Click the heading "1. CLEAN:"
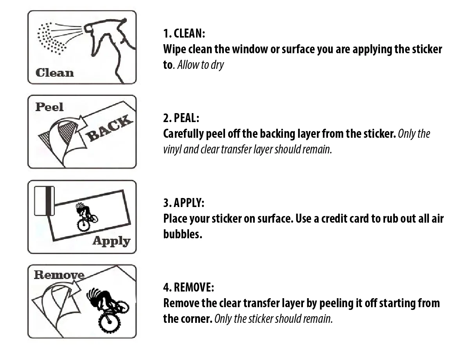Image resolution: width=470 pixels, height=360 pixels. tap(184, 34)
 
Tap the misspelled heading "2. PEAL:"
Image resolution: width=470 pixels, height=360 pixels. tap(181, 118)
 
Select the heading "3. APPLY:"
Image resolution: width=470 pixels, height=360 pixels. tap(184, 203)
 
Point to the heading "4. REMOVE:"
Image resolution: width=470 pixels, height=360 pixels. tap(189, 287)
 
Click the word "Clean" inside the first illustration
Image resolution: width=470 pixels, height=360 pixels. tap(55, 73)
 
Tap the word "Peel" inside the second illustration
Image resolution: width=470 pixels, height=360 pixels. tap(50, 107)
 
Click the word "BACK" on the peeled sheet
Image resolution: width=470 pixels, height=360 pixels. tap(110, 128)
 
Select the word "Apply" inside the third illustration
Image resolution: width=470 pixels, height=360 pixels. tap(112, 241)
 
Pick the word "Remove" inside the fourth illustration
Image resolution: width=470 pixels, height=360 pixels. tap(59, 275)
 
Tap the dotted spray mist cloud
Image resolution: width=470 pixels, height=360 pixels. tap(51, 38)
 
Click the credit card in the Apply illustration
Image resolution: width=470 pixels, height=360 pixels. tap(44, 201)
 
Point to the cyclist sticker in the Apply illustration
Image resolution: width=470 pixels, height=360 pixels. tap(86, 217)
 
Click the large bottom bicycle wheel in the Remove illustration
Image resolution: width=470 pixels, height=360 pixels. tap(110, 322)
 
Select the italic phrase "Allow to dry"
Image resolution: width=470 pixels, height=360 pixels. tap(200, 65)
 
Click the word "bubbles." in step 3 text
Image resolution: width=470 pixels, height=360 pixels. tap(183, 234)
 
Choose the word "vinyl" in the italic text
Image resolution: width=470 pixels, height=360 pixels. tap(172, 149)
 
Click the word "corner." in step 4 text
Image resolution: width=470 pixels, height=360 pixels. tap(196, 319)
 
